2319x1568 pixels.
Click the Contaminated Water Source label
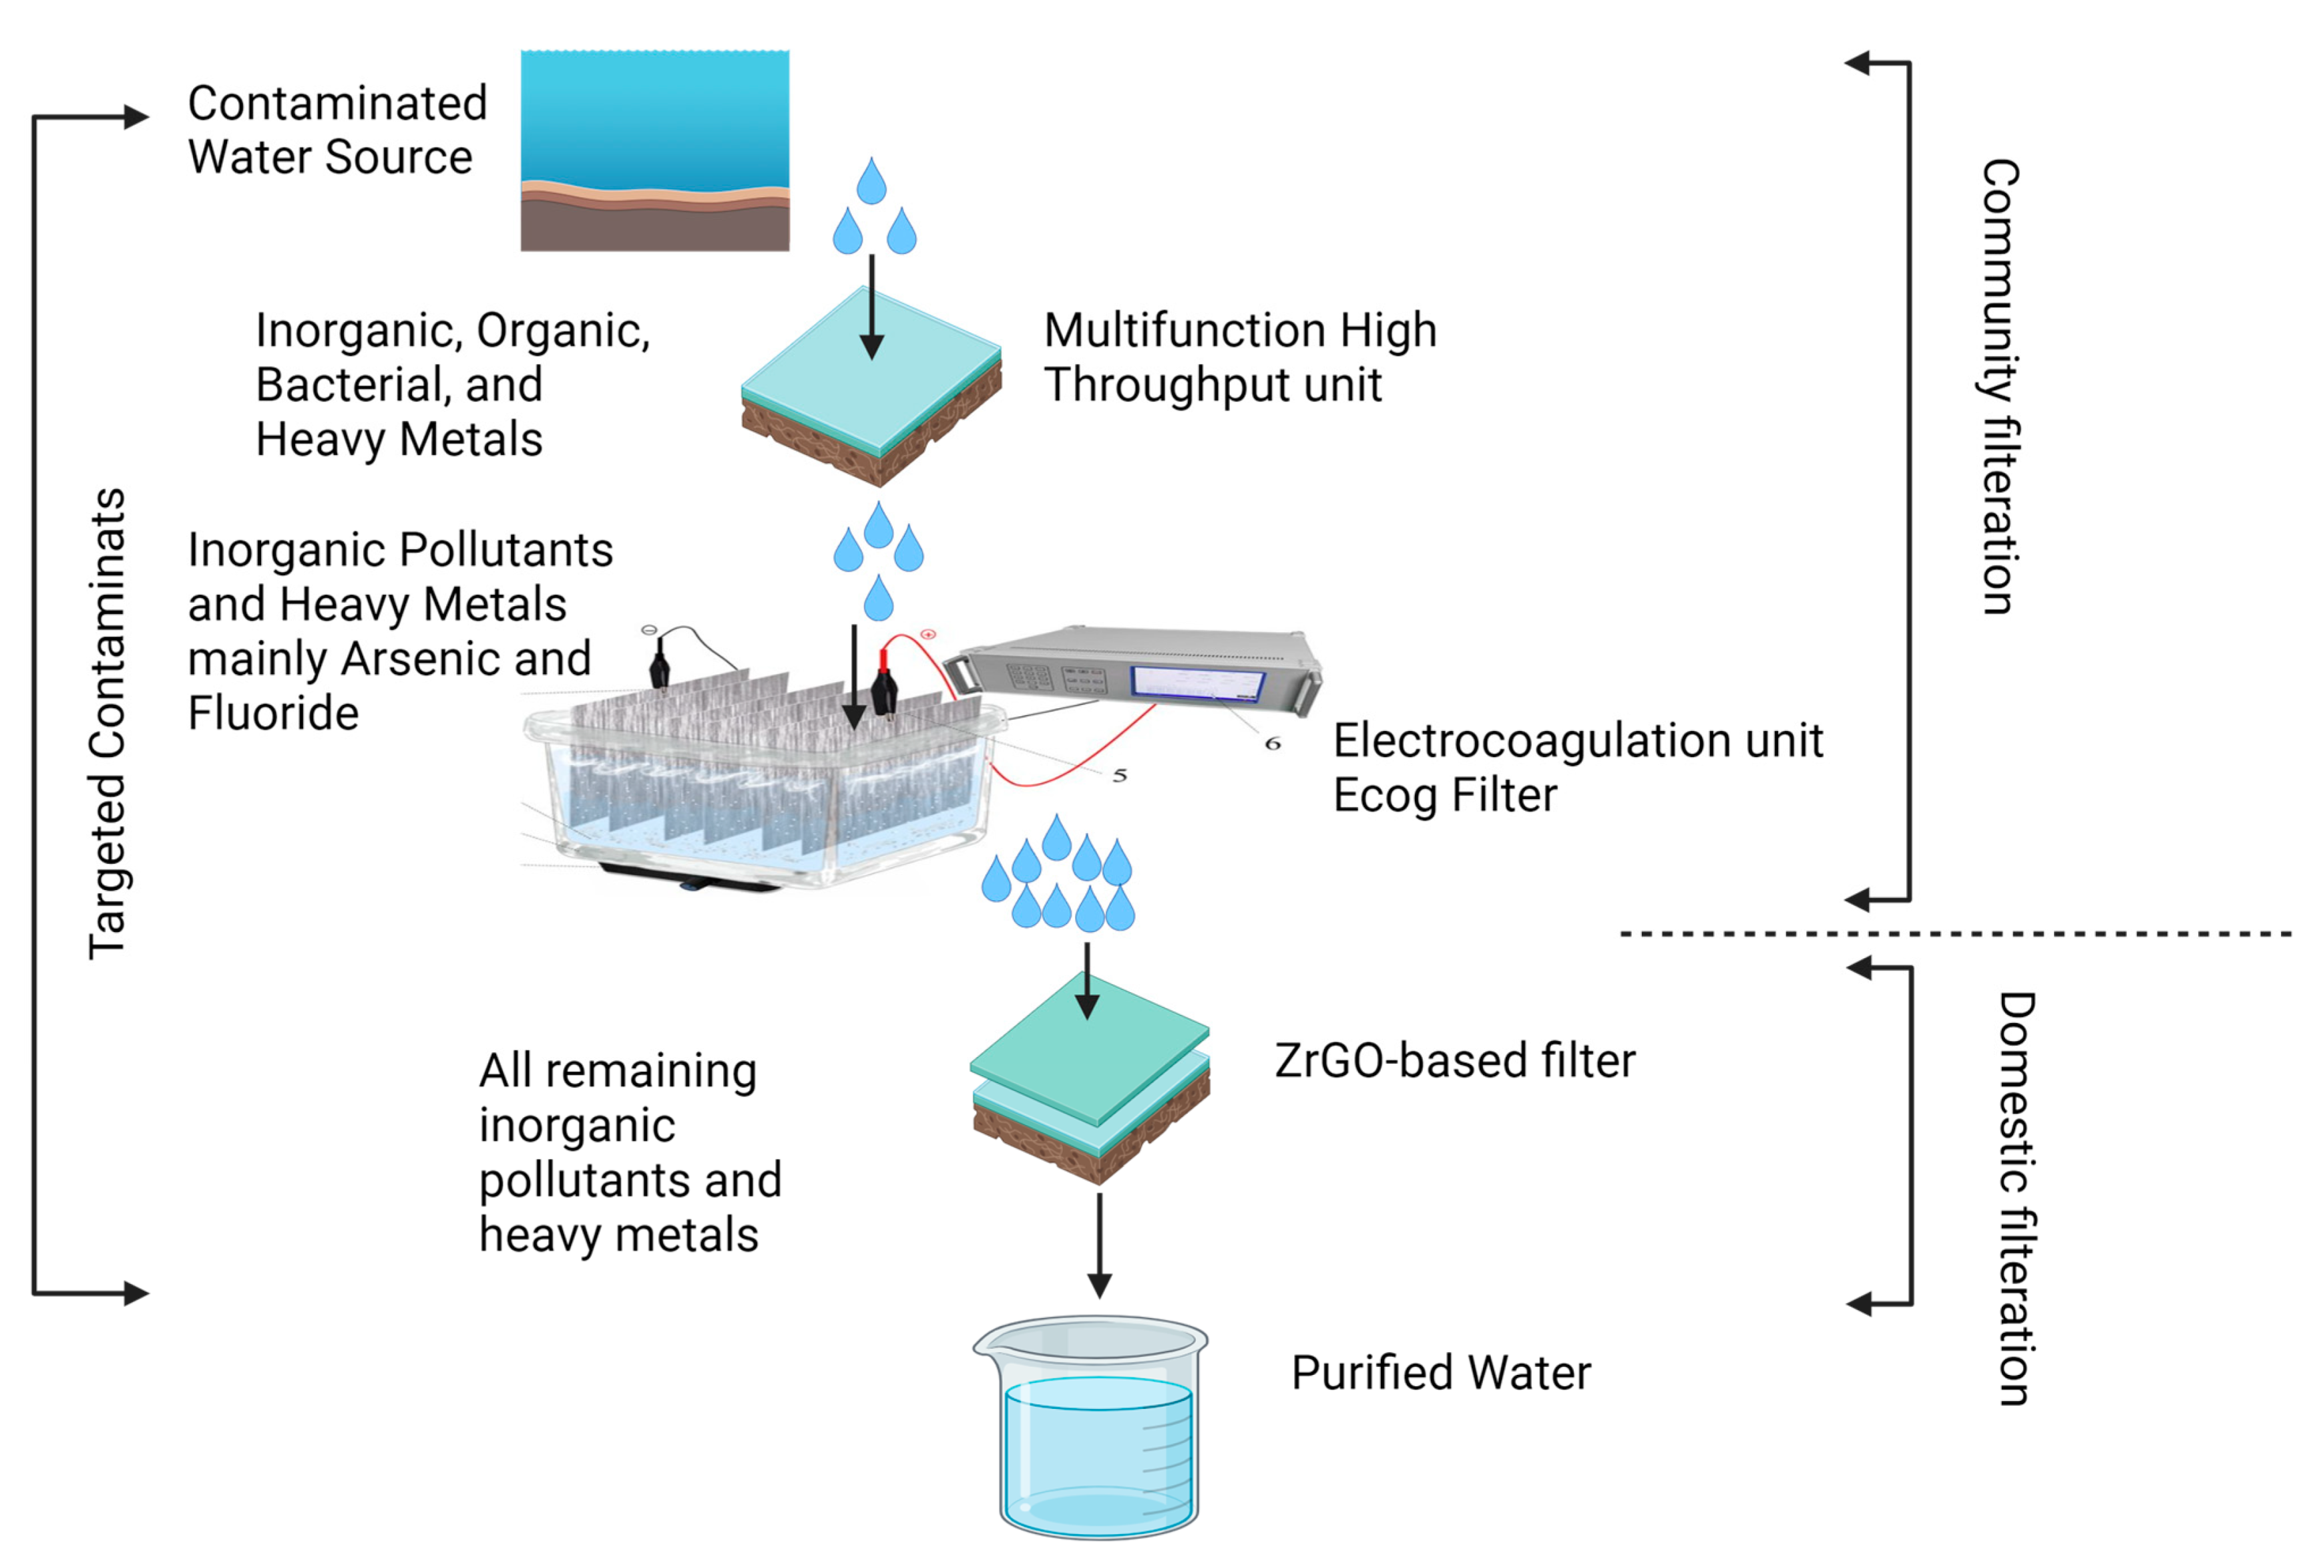click(337, 130)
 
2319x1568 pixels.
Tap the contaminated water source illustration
click(654, 150)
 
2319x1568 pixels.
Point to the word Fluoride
click(272, 714)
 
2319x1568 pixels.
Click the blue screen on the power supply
click(1197, 683)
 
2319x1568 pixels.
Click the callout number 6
click(1272, 744)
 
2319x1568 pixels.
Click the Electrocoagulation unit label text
click(1576, 742)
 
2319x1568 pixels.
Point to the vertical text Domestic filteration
click(2016, 1198)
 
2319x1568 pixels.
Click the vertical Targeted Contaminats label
click(107, 724)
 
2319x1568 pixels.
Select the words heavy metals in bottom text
click(619, 1236)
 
